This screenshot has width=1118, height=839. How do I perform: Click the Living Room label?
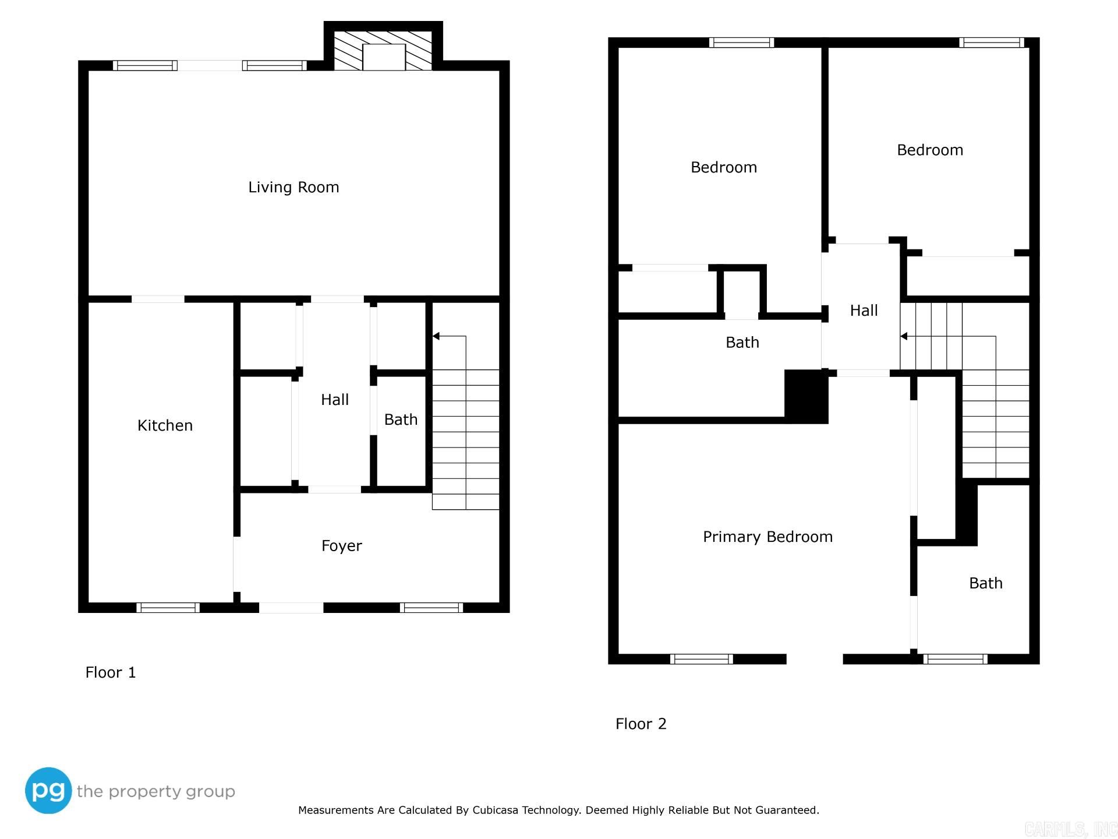293,187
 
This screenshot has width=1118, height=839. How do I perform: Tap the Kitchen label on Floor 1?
165,425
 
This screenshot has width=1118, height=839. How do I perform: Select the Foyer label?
341,546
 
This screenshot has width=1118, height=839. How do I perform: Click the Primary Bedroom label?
767,537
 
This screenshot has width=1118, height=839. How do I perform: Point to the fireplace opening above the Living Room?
384,57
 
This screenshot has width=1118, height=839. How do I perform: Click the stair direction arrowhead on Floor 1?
436,336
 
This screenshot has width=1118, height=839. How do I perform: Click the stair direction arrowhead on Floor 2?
904,336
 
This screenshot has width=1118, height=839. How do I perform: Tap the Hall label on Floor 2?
864,311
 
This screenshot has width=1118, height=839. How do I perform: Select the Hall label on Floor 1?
335,400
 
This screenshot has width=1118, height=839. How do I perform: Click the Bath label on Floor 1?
401,419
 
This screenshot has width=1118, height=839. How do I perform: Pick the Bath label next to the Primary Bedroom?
985,583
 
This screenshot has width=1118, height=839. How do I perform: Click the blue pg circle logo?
48,791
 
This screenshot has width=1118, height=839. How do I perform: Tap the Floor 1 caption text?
111,672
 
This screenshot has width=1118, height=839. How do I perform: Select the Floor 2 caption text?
641,724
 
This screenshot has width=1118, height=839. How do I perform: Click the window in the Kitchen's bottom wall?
168,608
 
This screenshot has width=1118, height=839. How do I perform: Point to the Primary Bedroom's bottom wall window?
701,659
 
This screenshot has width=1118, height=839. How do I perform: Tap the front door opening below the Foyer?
291,608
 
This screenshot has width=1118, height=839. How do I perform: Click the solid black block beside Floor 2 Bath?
806,396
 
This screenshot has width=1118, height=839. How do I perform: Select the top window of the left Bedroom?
741,43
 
